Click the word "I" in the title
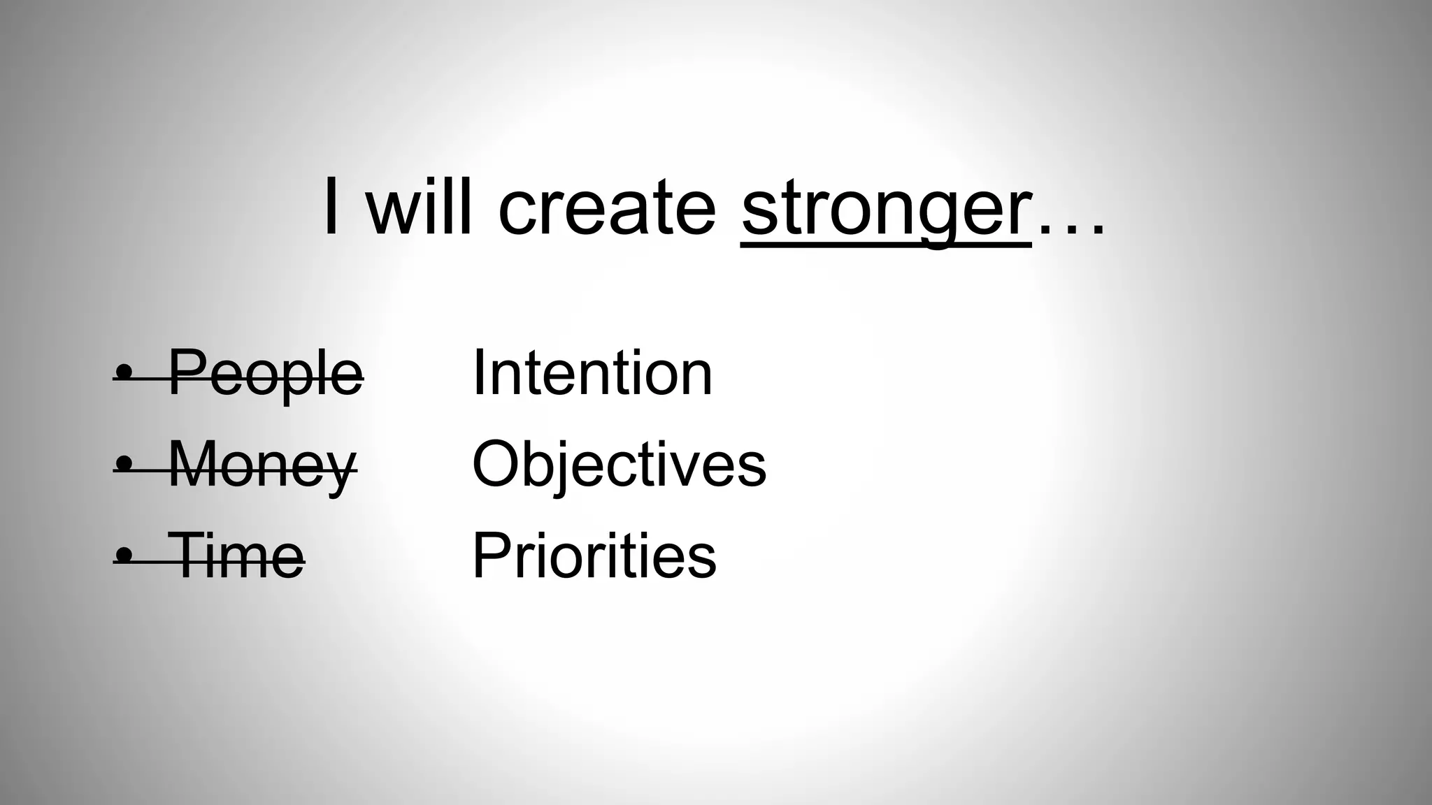[332, 207]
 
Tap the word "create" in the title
[607, 208]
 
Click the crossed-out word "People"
[266, 374]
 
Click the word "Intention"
[592, 372]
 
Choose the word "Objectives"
[619, 465]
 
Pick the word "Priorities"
[594, 556]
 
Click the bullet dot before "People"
[125, 374]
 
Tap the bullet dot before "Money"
[125, 465]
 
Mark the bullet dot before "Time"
[125, 556]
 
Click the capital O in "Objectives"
[495, 464]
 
